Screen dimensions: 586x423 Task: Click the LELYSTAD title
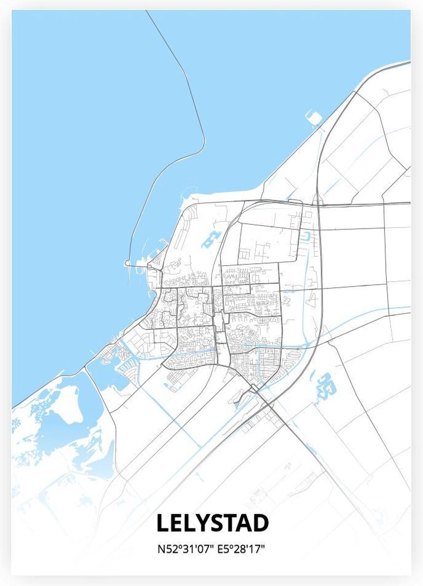click(x=212, y=523)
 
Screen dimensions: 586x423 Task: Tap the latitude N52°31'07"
click(x=184, y=548)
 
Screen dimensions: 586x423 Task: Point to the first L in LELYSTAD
click(x=162, y=523)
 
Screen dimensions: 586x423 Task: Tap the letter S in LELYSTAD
click(x=218, y=523)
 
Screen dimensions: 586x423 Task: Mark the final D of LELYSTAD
click(x=261, y=523)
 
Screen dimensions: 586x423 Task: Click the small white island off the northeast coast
click(x=314, y=117)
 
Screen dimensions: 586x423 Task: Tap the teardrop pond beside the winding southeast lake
click(x=312, y=376)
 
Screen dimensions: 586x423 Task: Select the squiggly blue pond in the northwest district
click(x=211, y=240)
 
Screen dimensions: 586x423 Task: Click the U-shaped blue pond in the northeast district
click(x=306, y=236)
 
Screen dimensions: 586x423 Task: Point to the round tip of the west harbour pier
click(x=127, y=264)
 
